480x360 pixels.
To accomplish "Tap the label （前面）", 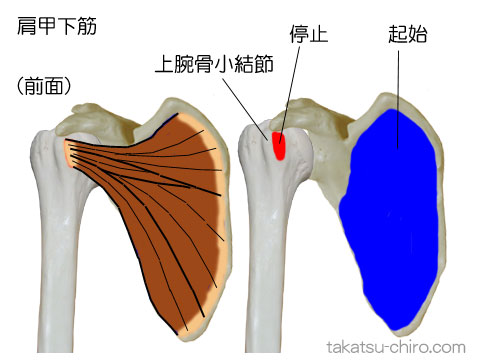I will point(43,87).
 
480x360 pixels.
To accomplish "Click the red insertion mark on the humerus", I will point(280,146).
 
